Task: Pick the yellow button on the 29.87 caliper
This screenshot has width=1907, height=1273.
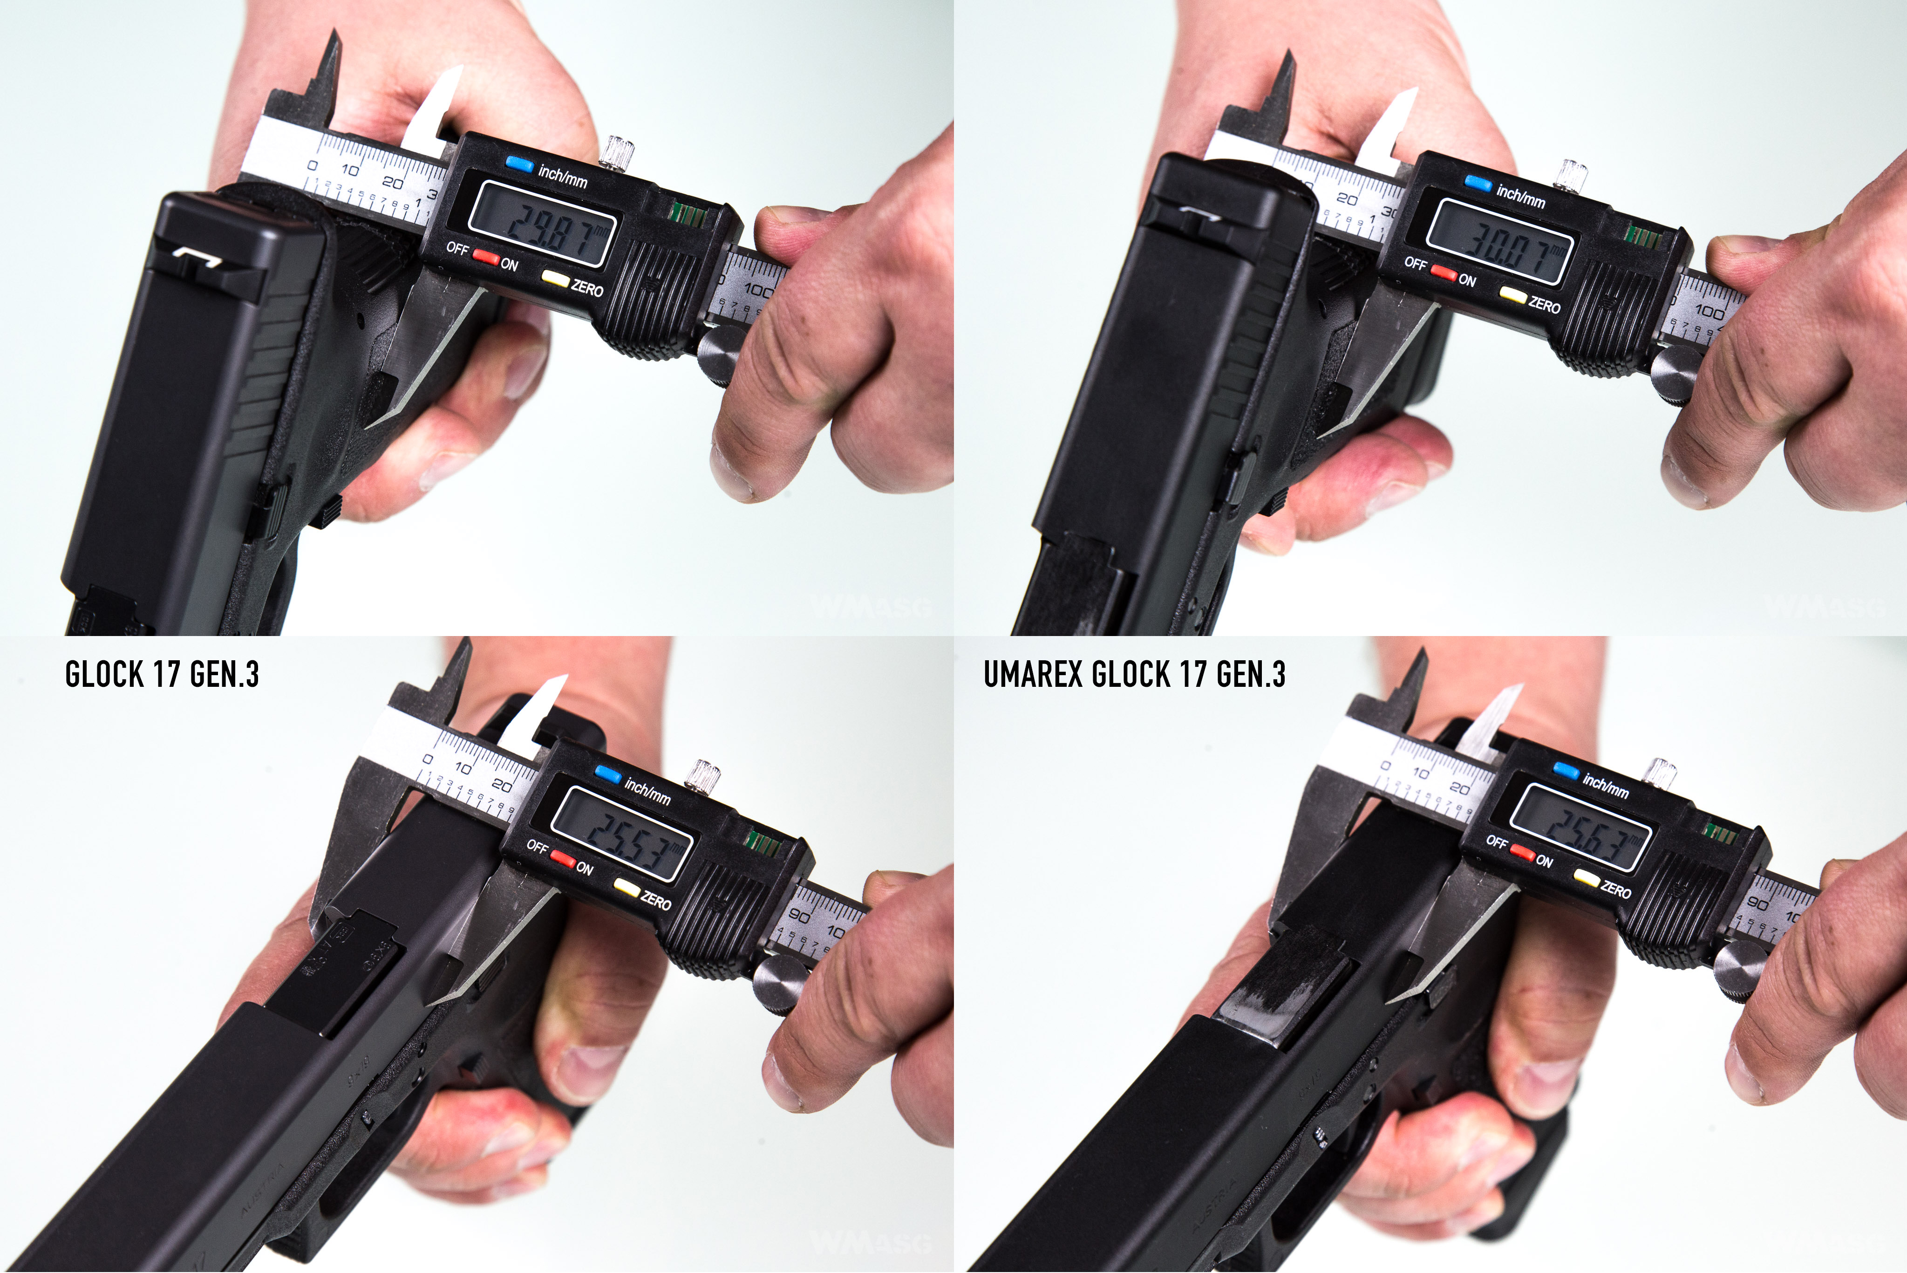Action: tap(555, 279)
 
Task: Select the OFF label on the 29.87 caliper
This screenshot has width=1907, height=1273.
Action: tap(457, 247)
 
